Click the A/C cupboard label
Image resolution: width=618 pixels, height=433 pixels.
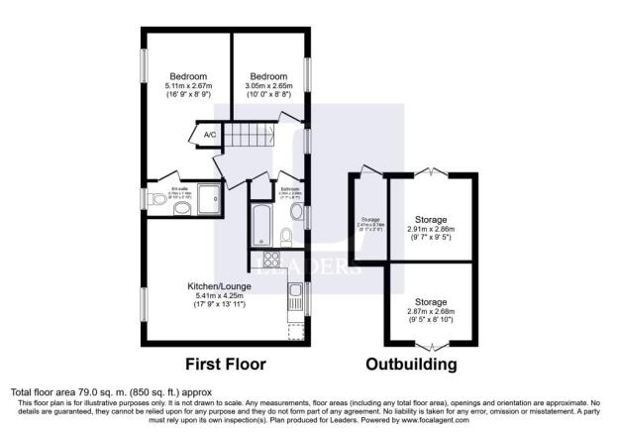coord(210,135)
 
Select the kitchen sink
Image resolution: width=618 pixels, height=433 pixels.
coord(295,295)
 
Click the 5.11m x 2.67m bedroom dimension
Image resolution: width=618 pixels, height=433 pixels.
coord(186,87)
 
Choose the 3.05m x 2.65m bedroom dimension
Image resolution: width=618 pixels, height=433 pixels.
coord(267,87)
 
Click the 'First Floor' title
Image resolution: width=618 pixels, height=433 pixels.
coord(223,364)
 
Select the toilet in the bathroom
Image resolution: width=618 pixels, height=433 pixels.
coord(285,236)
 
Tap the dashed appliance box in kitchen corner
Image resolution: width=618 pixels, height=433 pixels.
coord(295,332)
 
